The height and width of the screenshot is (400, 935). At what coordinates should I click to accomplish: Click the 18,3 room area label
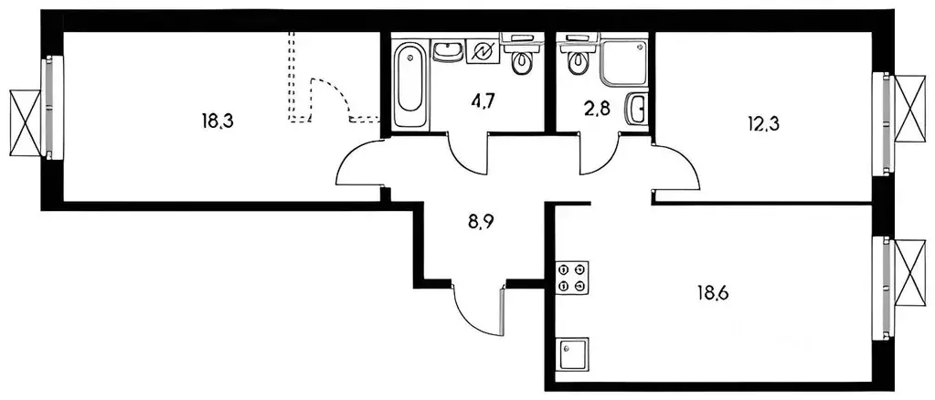217,121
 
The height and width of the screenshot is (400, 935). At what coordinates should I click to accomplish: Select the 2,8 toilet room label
599,111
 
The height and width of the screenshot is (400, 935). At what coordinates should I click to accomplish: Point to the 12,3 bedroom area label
764,124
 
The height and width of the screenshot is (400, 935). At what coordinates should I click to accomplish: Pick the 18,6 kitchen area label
713,293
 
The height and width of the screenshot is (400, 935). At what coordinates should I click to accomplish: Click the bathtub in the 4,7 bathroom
409,84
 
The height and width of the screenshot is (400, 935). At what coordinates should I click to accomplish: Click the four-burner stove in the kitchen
572,278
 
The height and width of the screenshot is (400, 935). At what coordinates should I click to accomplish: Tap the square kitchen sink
572,354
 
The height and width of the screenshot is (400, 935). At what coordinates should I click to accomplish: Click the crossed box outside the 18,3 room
26,122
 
